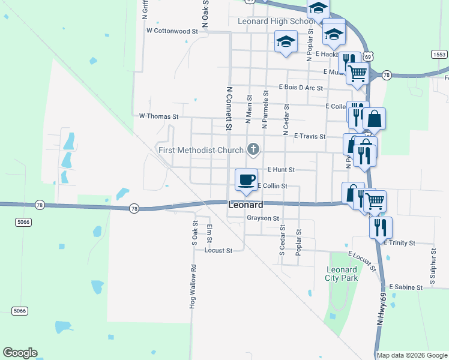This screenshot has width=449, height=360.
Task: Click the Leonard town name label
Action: click(x=246, y=205)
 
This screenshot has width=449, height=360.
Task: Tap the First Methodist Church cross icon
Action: click(x=253, y=149)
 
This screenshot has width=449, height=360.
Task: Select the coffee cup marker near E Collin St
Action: click(x=246, y=179)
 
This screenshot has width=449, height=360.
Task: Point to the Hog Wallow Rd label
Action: click(x=193, y=287)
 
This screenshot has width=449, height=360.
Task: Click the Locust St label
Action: click(x=218, y=251)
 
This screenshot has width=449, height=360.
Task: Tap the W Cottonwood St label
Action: click(x=172, y=31)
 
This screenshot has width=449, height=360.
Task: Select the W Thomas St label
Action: click(x=159, y=116)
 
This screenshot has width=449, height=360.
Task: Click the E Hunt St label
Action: click(x=281, y=170)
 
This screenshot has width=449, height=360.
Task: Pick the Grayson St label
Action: click(x=263, y=218)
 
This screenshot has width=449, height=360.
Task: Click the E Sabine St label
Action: click(x=406, y=287)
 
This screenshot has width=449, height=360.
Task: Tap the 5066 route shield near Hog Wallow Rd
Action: click(x=20, y=310)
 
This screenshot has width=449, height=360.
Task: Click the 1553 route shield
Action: click(x=439, y=54)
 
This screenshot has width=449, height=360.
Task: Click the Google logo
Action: click(x=20, y=353)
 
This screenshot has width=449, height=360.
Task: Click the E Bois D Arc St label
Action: click(x=301, y=88)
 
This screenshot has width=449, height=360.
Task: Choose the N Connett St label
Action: click(x=229, y=108)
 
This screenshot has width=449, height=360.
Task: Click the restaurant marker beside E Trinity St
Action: click(x=381, y=227)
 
